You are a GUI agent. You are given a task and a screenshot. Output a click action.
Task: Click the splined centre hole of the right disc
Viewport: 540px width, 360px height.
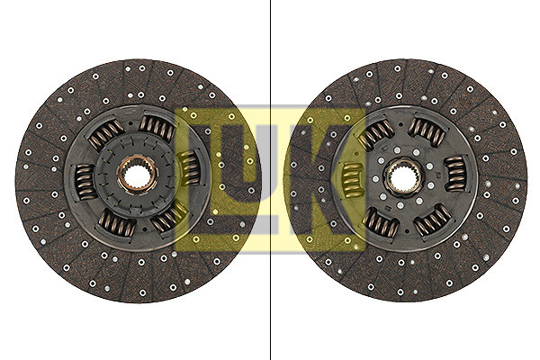(403, 178)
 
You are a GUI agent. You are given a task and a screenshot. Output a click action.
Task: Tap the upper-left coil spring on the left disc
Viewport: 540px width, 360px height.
(105, 135)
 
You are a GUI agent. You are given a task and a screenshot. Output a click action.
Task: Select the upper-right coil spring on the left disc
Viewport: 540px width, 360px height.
(157, 127)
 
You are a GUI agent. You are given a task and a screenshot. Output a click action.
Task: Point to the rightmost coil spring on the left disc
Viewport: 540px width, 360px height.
(190, 168)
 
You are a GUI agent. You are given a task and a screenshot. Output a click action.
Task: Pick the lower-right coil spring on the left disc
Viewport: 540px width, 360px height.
(169, 217)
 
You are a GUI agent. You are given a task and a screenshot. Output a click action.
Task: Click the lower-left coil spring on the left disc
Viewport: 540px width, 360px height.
(117, 224)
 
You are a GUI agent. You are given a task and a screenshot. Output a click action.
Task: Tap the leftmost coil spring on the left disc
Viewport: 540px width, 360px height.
(85, 182)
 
